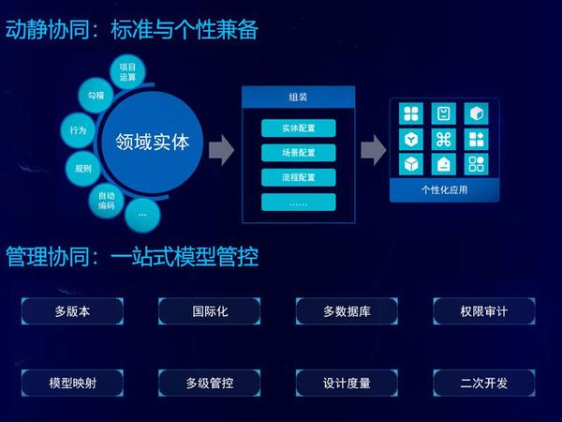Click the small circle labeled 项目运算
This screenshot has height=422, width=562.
(x=127, y=72)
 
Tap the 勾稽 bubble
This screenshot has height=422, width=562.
(x=96, y=95)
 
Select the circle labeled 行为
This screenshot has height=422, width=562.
(x=78, y=130)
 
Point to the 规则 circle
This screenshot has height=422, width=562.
(x=83, y=168)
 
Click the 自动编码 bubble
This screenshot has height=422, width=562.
(x=107, y=201)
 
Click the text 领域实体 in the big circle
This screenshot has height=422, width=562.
(x=152, y=143)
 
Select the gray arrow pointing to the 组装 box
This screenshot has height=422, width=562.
(x=221, y=150)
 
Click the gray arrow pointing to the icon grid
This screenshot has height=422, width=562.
(x=374, y=150)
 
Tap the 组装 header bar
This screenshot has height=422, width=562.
(x=299, y=97)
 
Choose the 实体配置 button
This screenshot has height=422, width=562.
(x=299, y=128)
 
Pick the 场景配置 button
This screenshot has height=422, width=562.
(x=299, y=153)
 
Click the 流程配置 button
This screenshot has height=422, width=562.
(x=299, y=177)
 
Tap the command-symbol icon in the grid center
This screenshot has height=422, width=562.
(x=444, y=139)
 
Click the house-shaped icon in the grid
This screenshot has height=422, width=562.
(x=444, y=164)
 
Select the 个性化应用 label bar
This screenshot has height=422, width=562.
(x=444, y=189)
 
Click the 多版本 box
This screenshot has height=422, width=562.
(x=72, y=311)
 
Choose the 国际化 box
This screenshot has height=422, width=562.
(x=210, y=311)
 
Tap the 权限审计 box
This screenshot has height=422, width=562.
(x=484, y=311)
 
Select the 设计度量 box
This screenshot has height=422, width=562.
(x=347, y=383)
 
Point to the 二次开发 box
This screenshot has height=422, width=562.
(x=484, y=383)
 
